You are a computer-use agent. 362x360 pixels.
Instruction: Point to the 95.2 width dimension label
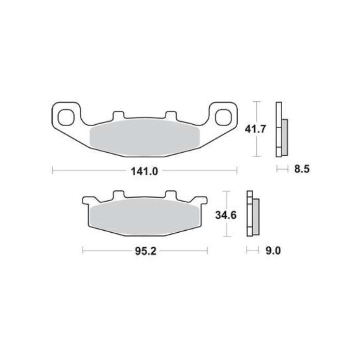click(x=144, y=251)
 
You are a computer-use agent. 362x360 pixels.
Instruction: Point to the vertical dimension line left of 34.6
click(x=226, y=213)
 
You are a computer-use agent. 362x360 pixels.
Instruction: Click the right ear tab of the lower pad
click(x=202, y=201)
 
